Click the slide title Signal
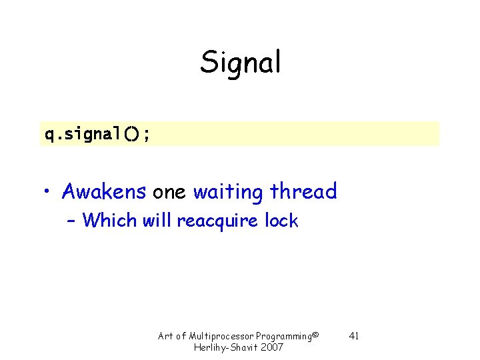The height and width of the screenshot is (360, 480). [x=241, y=63]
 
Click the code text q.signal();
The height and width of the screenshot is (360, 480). [x=97, y=134]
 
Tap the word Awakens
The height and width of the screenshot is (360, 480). [x=103, y=192]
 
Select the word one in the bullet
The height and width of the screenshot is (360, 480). [x=170, y=192]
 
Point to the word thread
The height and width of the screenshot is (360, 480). [x=303, y=192]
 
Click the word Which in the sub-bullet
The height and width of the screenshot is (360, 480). [x=110, y=220]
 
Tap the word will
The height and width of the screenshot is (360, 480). [x=157, y=220]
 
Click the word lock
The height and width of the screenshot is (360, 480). [x=281, y=220]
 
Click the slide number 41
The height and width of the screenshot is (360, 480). [x=354, y=335]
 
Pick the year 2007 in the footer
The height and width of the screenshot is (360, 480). [x=272, y=347]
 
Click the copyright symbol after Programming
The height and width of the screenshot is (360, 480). [x=316, y=333]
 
